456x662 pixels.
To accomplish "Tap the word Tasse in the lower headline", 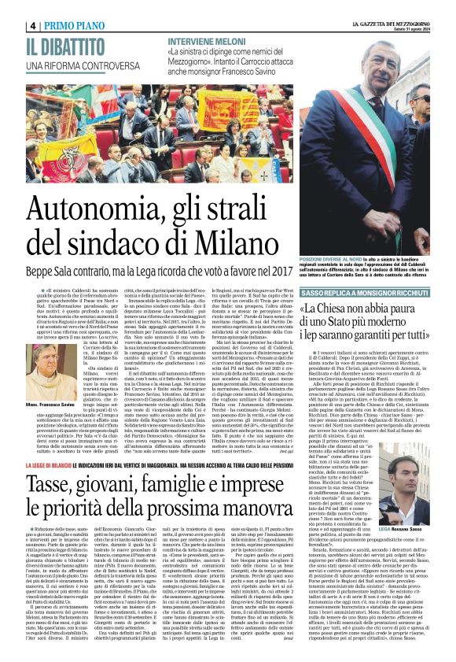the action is coord(49,453).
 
